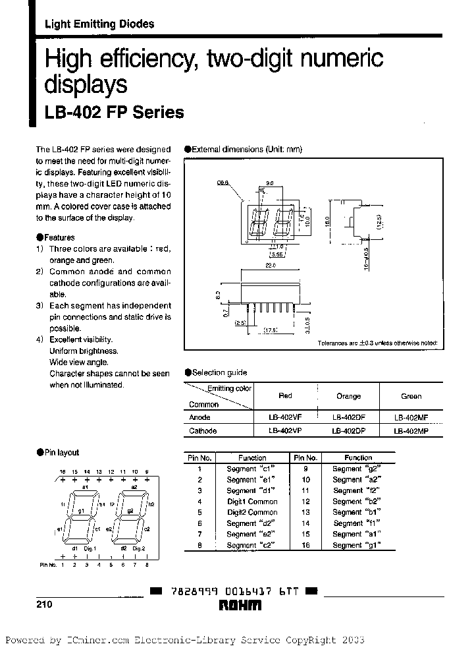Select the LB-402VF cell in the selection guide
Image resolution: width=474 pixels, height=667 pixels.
click(285, 417)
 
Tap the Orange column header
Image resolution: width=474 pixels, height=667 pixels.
click(348, 396)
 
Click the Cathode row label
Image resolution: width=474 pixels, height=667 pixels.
click(203, 430)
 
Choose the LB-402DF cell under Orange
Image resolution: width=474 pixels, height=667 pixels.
click(348, 417)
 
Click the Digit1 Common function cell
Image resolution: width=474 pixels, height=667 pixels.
click(252, 502)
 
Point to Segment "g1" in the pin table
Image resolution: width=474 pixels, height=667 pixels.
click(357, 545)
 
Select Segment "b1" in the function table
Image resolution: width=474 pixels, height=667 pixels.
click(356, 512)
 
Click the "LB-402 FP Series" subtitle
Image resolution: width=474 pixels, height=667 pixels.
click(114, 113)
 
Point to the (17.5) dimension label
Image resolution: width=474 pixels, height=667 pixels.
click(270, 331)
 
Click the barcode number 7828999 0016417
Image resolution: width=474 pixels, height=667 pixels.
click(227, 591)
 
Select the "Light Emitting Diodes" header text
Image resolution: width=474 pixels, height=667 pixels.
click(99, 24)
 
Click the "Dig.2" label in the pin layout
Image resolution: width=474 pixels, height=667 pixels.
click(138, 548)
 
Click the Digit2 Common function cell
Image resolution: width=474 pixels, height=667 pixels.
click(252, 512)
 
